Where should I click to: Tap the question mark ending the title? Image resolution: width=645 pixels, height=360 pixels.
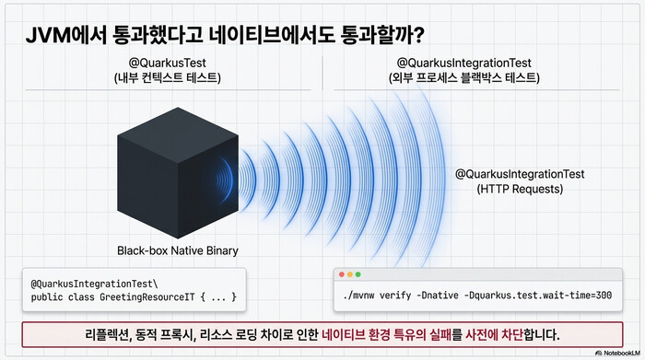[418, 35]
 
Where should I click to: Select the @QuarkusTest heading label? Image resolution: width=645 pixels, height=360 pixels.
[167, 63]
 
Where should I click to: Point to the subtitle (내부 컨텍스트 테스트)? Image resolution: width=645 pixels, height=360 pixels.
[167, 78]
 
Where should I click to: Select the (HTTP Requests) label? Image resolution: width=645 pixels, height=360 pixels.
[521, 190]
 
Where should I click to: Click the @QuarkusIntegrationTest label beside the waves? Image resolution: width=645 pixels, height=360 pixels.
[521, 174]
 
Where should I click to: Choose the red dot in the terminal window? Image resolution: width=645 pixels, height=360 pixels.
[343, 275]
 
